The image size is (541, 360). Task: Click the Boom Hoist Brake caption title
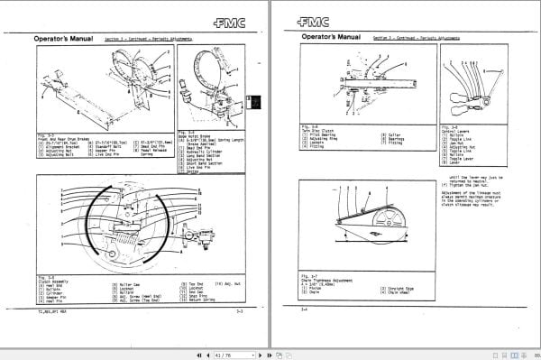tap(199, 134)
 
